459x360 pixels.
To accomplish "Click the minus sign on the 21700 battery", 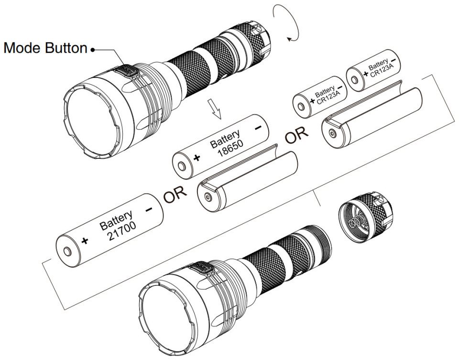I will click(x=149, y=209).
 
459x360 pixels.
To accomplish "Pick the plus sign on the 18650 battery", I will click(x=197, y=158).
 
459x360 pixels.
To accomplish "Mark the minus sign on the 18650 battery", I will click(x=258, y=127).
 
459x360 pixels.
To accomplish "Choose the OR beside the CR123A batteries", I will click(x=296, y=136).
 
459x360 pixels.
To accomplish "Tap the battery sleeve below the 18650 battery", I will click(x=249, y=182).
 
